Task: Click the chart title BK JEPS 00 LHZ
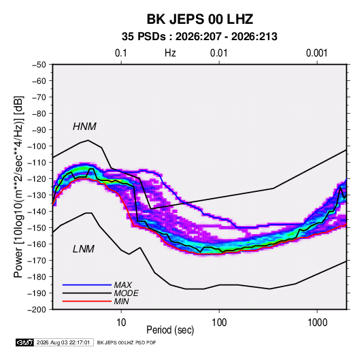[x=199, y=19]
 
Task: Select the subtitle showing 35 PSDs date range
[x=199, y=37]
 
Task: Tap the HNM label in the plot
[x=84, y=127]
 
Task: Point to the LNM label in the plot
[x=83, y=249]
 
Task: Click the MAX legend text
[x=122, y=284]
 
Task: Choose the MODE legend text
[x=126, y=293]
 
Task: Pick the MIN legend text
[x=121, y=301]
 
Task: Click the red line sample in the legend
[x=87, y=301]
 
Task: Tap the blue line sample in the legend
[x=87, y=284]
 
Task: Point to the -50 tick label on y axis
[x=39, y=65]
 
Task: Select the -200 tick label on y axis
[x=37, y=310]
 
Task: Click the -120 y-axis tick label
[x=37, y=179]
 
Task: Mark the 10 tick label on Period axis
[x=121, y=323]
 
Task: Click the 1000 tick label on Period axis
[x=317, y=323]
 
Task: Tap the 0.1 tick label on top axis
[x=121, y=53]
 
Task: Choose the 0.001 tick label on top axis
[x=316, y=53]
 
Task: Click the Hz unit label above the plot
[x=170, y=53]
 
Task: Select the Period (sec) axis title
[x=170, y=330]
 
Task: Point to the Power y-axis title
[x=18, y=187]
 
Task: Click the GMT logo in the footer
[x=24, y=342]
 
